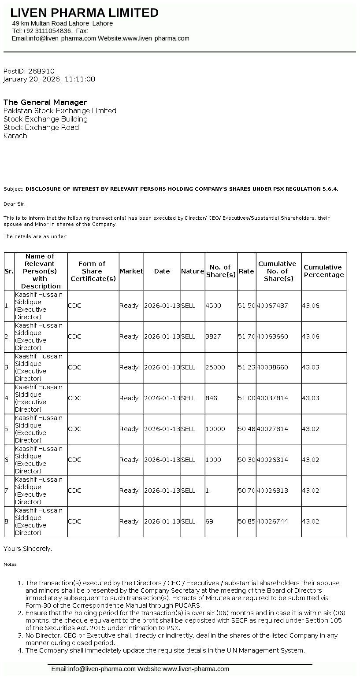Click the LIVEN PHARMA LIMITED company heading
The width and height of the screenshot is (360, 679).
[84, 13]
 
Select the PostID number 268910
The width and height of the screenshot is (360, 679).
[41, 71]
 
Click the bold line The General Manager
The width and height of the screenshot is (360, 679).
[45, 102]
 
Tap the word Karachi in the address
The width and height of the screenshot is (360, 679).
[16, 136]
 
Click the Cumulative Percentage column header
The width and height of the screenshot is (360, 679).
[323, 271]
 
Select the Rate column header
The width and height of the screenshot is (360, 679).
[246, 271]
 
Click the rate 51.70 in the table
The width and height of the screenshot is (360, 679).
[246, 336]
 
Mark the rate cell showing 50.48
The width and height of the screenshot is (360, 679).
[246, 429]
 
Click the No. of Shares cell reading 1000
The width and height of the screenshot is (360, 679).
[213, 460]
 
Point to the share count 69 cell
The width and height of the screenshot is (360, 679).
[209, 521]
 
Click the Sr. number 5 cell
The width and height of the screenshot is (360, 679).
[7, 429]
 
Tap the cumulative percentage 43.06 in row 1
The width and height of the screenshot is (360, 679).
[311, 306]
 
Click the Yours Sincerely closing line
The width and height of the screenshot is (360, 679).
[28, 549]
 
